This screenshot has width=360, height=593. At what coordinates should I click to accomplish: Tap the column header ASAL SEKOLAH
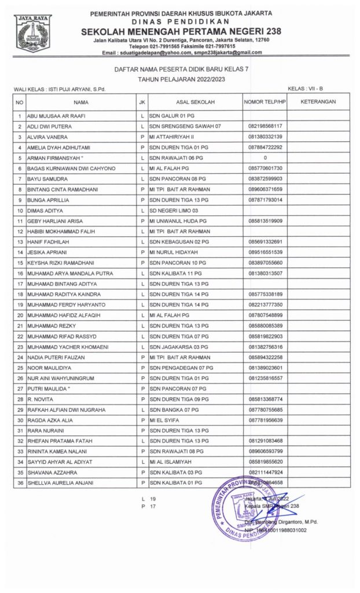pyautogui.click(x=196, y=102)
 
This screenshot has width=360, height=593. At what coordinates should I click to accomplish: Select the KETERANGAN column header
pyautogui.click(x=319, y=102)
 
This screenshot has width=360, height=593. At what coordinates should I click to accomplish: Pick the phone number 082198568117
pyautogui.click(x=265, y=126)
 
